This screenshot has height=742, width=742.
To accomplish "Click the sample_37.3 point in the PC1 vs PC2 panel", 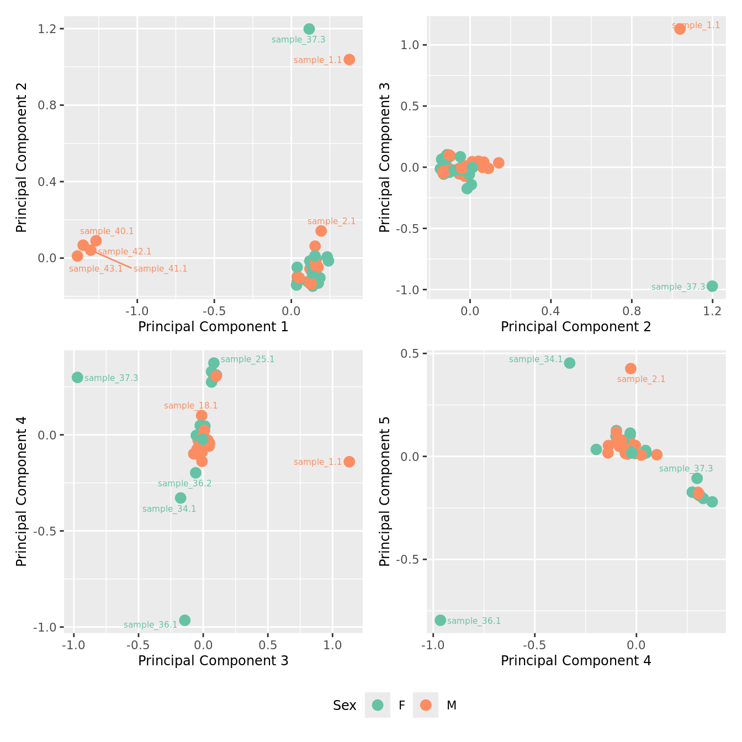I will [x=309, y=29].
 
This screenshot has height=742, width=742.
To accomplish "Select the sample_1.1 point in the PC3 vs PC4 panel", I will [x=349, y=462].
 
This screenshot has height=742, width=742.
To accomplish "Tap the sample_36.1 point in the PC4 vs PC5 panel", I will [x=440, y=620].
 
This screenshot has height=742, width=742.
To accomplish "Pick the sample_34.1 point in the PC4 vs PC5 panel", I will [x=570, y=363].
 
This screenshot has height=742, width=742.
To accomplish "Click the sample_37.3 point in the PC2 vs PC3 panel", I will [x=712, y=286].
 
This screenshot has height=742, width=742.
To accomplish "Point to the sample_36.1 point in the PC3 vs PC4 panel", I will [x=185, y=620].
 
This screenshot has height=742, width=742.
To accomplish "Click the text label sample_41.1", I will [x=160, y=269].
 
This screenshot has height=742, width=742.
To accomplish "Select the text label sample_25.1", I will [x=247, y=359].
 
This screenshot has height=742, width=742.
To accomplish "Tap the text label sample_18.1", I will [x=190, y=406].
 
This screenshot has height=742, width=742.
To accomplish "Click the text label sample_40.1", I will [x=107, y=231].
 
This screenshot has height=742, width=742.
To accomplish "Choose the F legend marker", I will [x=378, y=705].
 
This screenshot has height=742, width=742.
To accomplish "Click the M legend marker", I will [x=426, y=705].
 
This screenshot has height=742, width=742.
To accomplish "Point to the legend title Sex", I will [x=344, y=706].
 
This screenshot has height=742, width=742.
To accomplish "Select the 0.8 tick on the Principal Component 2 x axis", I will [x=632, y=311].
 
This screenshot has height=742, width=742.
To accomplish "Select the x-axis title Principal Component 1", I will [x=213, y=327].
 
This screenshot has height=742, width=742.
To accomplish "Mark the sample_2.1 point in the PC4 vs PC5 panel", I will [x=630, y=368].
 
